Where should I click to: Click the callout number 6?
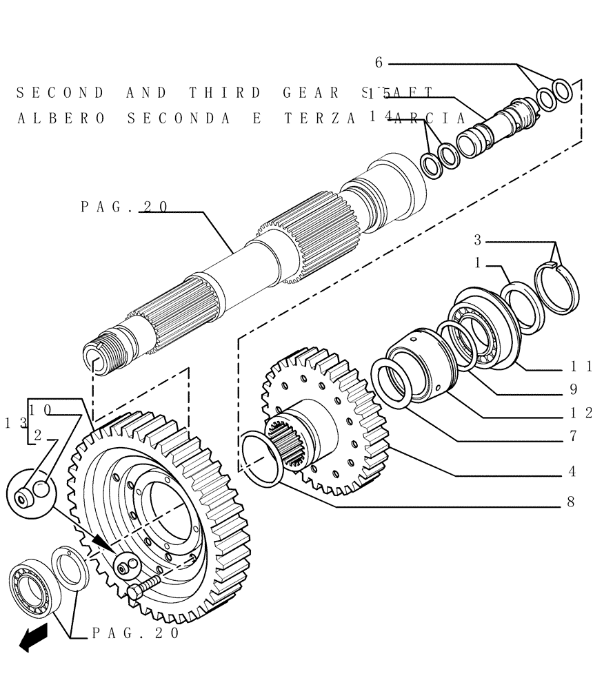(379, 63)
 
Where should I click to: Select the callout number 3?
(477, 240)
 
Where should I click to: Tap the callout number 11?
(581, 367)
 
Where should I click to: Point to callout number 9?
(573, 389)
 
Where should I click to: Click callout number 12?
(581, 413)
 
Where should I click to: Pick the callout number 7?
(572, 436)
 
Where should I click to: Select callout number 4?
(572, 472)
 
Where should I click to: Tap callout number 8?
(571, 502)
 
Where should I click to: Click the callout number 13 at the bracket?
(14, 423)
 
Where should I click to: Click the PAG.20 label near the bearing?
(136, 633)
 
